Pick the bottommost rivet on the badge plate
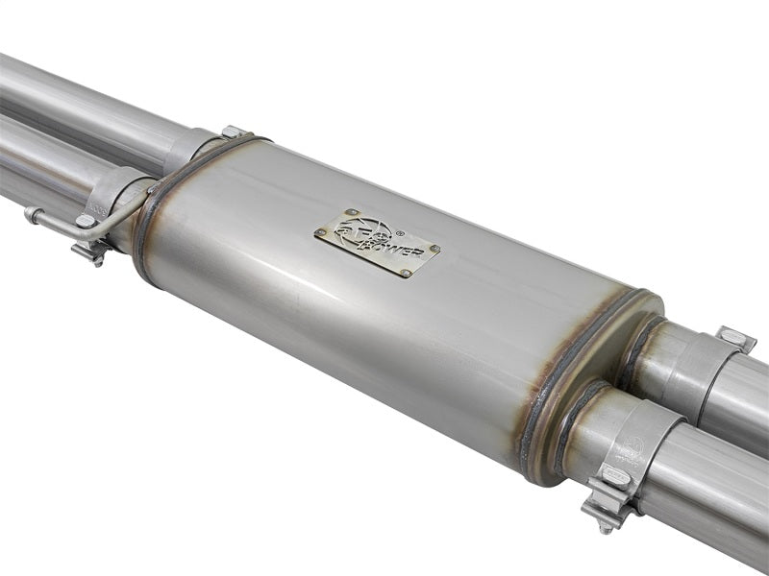(405, 273)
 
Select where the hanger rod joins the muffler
(151, 190)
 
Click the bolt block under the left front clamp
(92, 251)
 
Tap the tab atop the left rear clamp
(232, 132)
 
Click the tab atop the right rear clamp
(735, 338)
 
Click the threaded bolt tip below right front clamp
(607, 527)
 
